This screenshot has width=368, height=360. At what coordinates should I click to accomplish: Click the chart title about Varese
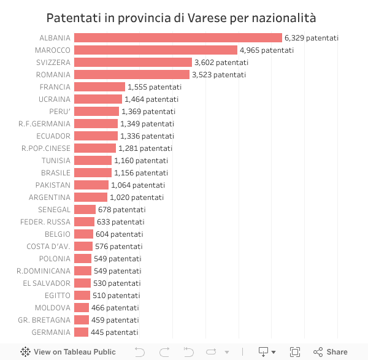point(185,17)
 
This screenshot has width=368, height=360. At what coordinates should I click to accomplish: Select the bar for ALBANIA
point(178,38)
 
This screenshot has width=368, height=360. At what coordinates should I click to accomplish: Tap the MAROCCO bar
point(155,50)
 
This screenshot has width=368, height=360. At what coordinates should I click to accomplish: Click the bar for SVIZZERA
point(132,63)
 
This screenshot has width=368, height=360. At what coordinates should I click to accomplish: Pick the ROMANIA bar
point(131,75)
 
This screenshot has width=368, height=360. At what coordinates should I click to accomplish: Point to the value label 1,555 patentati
point(155,87)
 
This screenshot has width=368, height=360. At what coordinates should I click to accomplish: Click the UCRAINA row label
point(55,99)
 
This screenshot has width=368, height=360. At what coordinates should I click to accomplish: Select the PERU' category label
point(60,112)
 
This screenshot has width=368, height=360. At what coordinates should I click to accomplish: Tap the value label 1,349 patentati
point(147,124)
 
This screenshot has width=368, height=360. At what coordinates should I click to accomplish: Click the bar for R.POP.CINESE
point(94,148)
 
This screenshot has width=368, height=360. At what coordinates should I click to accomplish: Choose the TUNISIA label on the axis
point(56,161)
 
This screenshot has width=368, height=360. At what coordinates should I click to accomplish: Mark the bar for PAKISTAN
point(91,185)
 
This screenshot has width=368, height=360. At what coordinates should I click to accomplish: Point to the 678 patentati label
point(121,210)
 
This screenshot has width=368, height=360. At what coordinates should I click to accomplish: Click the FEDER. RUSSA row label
point(45,222)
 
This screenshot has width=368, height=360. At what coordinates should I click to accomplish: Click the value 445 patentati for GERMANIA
point(115,332)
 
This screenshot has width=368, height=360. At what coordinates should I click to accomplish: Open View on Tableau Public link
point(68,352)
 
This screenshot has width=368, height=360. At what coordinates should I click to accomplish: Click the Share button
point(331,352)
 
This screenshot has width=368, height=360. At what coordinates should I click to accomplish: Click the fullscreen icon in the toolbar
point(295,352)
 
